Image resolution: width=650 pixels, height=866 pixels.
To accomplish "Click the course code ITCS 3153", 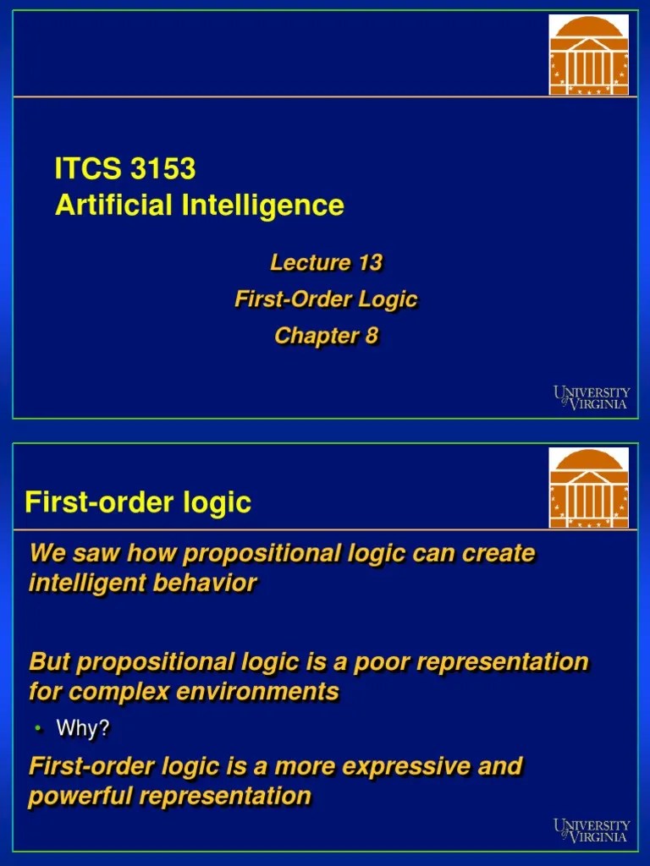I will pyautogui.click(x=125, y=169).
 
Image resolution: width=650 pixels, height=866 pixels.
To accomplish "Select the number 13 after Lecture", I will pyautogui.click(x=370, y=263).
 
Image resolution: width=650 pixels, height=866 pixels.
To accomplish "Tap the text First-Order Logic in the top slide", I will pyautogui.click(x=326, y=299).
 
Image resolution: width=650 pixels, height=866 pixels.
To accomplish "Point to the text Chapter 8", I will pyautogui.click(x=326, y=336).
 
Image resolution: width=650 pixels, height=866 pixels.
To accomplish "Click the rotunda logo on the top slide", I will pyautogui.click(x=589, y=54).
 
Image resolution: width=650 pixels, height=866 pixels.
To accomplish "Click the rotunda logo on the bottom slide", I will pyautogui.click(x=589, y=488).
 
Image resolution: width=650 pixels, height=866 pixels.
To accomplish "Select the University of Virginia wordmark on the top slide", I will pyautogui.click(x=592, y=397).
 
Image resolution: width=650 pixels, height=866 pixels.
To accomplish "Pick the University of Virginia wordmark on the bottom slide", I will pyautogui.click(x=592, y=830).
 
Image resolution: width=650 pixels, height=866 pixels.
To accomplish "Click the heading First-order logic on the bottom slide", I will pyautogui.click(x=138, y=502).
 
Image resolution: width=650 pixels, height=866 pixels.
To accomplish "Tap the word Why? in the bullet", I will pyautogui.click(x=83, y=728).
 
